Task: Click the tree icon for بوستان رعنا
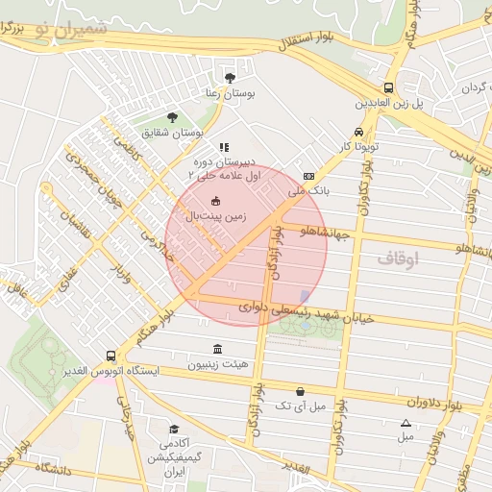tap(229, 78)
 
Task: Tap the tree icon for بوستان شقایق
tap(172, 117)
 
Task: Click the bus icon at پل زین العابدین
tap(389, 86)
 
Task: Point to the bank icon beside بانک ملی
tap(308, 177)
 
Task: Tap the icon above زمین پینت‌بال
tap(215, 201)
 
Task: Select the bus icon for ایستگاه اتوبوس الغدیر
tap(111, 355)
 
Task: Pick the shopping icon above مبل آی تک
tap(302, 391)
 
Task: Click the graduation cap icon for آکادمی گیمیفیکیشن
tap(174, 429)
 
